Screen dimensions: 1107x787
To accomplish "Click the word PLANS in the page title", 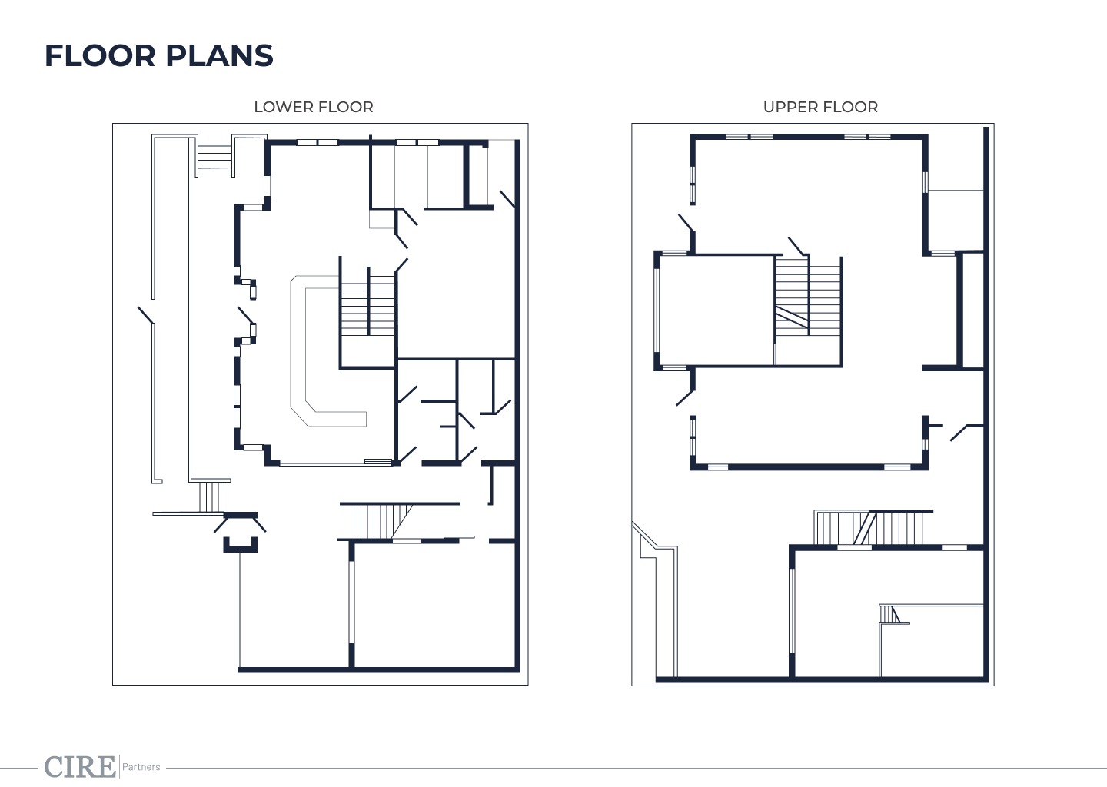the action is [x=219, y=55].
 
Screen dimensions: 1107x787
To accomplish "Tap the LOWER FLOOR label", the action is [x=314, y=107].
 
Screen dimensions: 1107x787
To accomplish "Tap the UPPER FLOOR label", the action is [x=820, y=107].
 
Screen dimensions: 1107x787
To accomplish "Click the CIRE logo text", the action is [x=80, y=767].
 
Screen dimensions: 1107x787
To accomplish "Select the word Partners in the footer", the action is [x=141, y=767].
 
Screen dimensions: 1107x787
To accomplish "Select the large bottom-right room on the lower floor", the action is [x=435, y=606].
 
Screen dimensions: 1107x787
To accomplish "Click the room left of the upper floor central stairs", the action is [x=716, y=310].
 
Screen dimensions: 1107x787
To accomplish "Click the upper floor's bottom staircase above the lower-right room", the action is [x=869, y=528].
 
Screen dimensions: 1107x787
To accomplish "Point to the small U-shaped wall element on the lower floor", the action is [x=240, y=545].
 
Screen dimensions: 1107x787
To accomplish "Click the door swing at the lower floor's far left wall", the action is [x=146, y=316].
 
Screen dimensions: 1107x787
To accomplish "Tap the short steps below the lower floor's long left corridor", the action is [x=211, y=497].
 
